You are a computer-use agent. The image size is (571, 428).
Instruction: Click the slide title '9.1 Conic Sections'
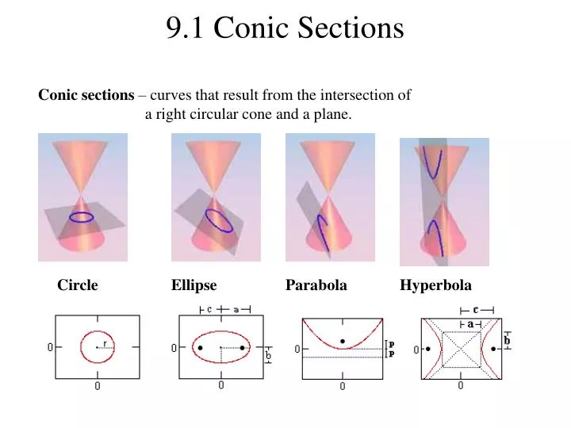285,28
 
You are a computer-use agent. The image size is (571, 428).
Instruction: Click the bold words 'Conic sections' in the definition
86,95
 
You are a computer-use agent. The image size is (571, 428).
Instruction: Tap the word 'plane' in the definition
331,114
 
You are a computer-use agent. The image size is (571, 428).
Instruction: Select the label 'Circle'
77,285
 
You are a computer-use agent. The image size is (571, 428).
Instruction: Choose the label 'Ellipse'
194,285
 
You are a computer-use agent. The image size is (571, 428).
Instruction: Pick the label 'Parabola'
316,285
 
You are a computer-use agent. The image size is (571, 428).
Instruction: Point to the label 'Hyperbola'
435,285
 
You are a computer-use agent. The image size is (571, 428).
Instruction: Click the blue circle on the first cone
81,216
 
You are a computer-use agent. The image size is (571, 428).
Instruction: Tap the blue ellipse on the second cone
219,220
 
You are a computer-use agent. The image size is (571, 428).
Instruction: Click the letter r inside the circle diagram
105,343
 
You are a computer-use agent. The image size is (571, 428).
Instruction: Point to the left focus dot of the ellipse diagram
200,348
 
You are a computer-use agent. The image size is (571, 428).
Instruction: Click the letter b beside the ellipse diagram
268,357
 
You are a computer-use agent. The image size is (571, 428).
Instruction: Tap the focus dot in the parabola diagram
343,342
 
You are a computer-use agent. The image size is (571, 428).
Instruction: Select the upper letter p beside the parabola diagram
391,344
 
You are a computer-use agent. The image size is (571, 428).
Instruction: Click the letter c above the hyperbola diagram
476,310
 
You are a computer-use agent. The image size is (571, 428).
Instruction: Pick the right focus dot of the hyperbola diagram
494,348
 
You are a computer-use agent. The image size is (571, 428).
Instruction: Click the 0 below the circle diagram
98,387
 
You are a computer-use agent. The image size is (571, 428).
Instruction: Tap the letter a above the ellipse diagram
236,310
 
